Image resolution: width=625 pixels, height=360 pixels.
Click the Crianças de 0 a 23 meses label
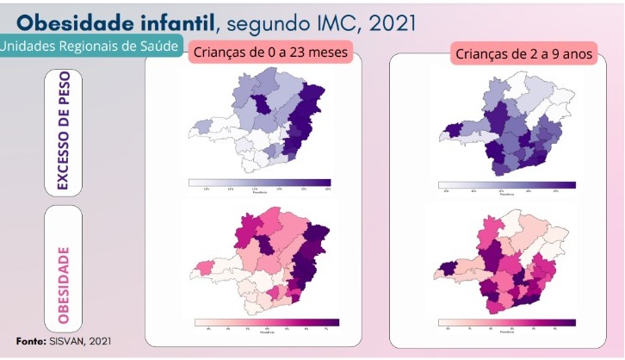272,53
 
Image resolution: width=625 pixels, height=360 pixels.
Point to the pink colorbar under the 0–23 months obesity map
266,322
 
